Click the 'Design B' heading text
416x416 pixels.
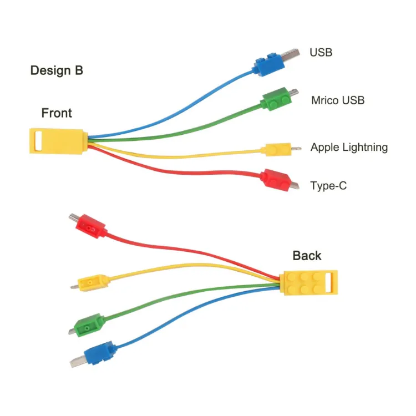coord(57,70)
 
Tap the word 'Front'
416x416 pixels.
coord(57,113)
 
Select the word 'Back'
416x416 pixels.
coord(307,255)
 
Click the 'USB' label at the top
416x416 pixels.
coord(321,53)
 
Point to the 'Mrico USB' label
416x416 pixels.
coord(338,100)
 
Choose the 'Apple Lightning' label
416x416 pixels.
coord(349,148)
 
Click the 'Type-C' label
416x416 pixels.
coord(328,186)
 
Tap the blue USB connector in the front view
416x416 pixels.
coord(268,63)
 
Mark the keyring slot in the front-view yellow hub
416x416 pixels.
coord(37,141)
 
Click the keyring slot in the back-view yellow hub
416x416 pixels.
coord(331,283)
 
